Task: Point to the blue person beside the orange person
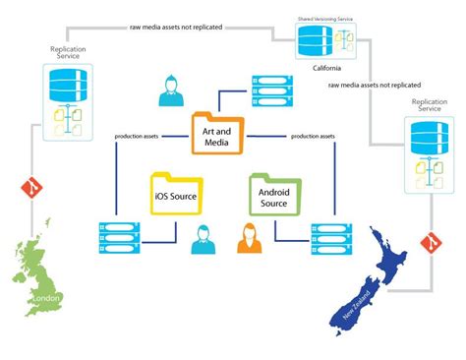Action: click(x=204, y=239)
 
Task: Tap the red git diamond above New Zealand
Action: click(x=428, y=241)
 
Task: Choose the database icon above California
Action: click(x=320, y=41)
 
